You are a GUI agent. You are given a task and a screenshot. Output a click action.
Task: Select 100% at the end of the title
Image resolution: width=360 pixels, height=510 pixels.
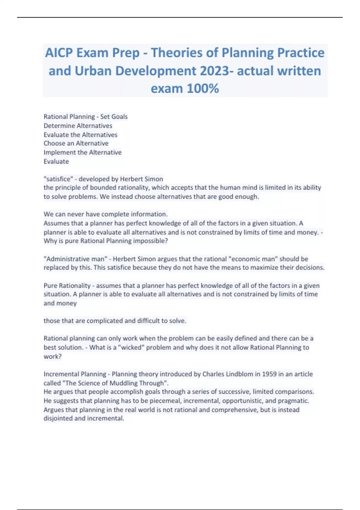click(202, 88)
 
